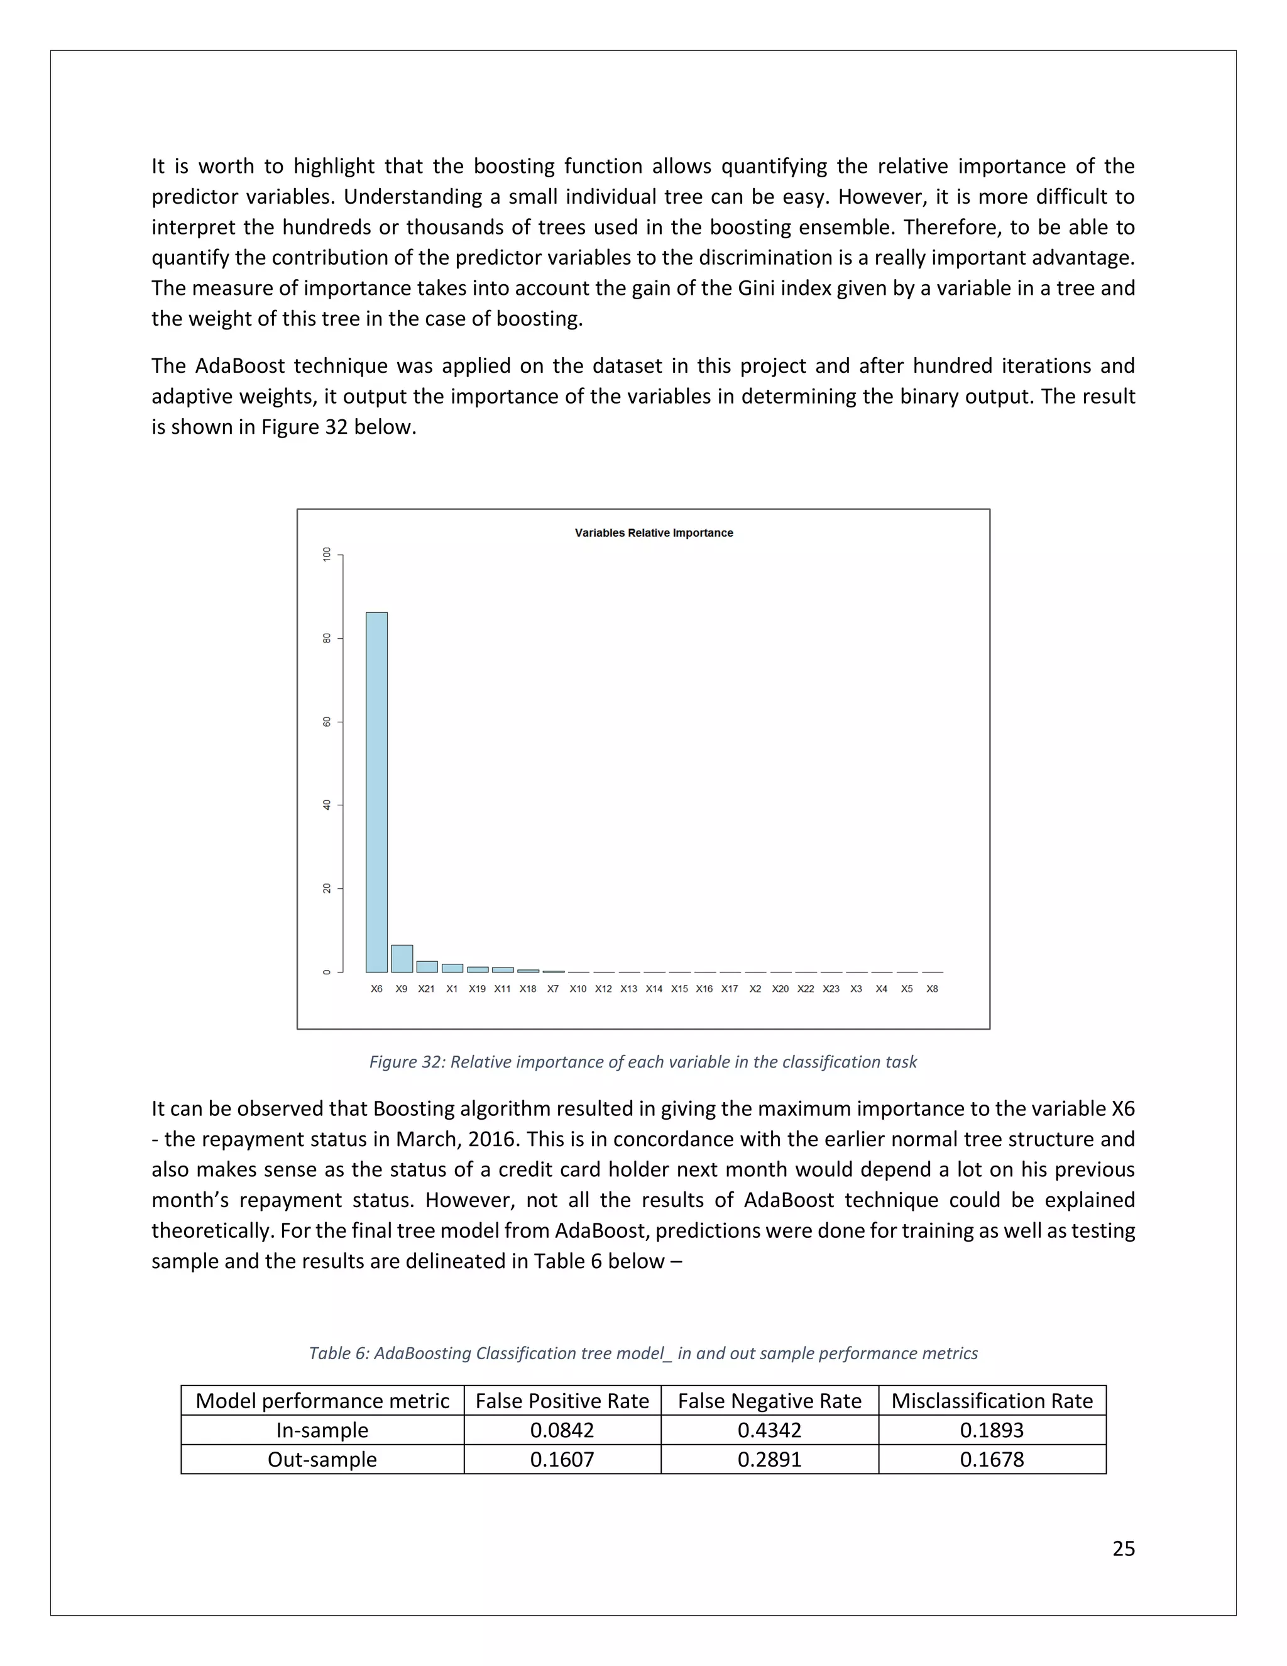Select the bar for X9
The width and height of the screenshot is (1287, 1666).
402,958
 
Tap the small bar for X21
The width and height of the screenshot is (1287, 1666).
427,966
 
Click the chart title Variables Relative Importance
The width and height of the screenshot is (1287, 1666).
654,532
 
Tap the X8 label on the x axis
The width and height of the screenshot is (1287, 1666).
932,989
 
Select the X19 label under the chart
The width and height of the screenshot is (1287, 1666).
478,989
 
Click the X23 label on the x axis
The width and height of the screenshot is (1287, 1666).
831,989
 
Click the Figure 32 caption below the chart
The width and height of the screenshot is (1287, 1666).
643,1062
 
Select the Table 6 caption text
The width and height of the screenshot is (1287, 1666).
643,1354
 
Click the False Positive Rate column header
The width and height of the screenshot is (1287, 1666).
562,1401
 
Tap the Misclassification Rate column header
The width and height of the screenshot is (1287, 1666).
992,1401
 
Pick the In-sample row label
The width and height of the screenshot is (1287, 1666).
322,1430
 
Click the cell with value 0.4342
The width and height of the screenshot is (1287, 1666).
769,1430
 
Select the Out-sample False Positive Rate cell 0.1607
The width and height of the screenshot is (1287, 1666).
562,1459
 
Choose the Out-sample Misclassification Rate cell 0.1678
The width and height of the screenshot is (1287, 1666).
992,1459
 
